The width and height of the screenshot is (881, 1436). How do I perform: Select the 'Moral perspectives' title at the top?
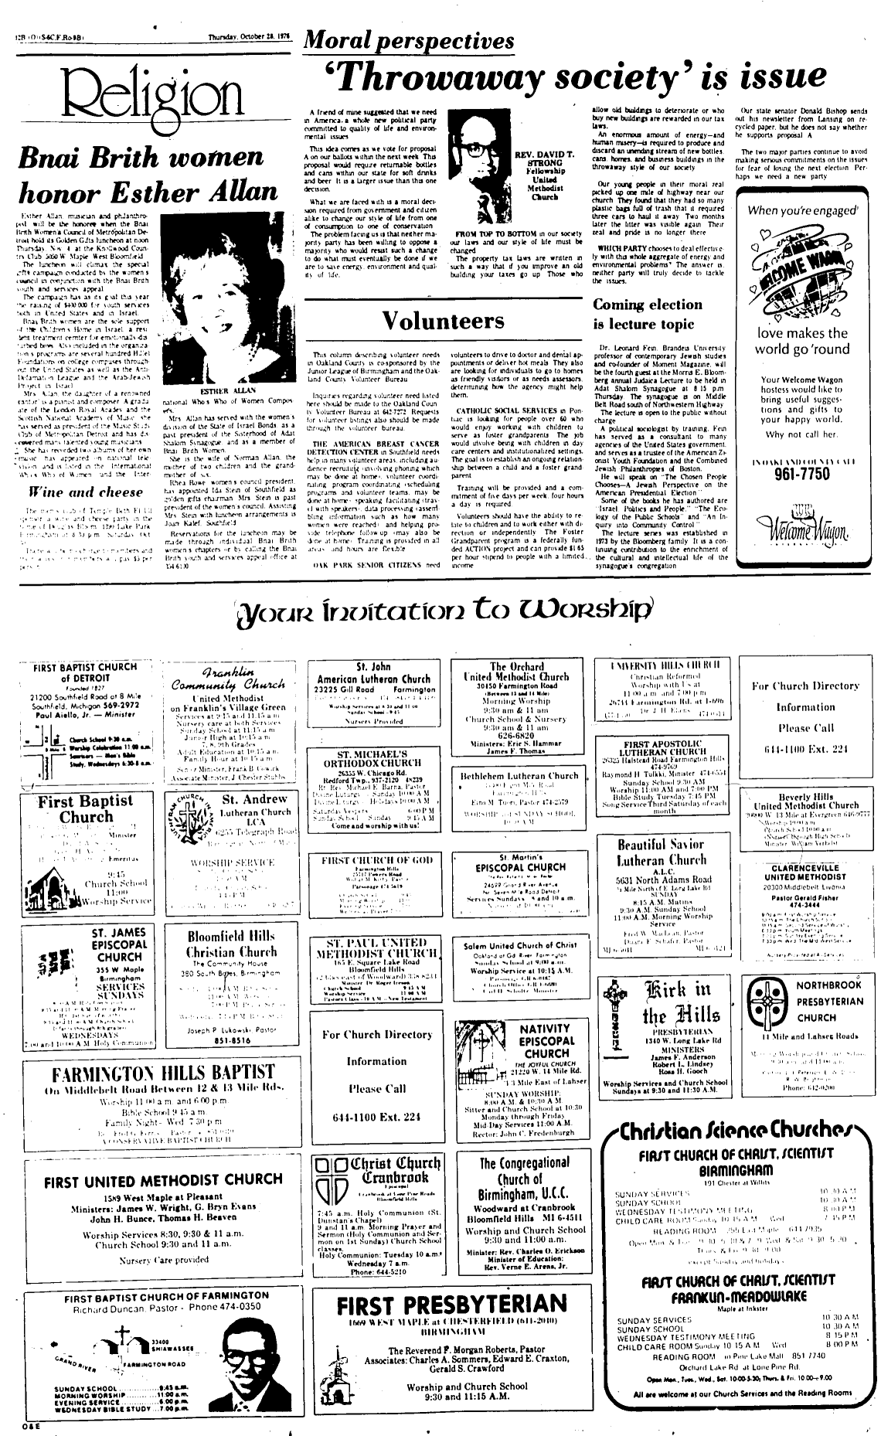pos(409,40)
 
